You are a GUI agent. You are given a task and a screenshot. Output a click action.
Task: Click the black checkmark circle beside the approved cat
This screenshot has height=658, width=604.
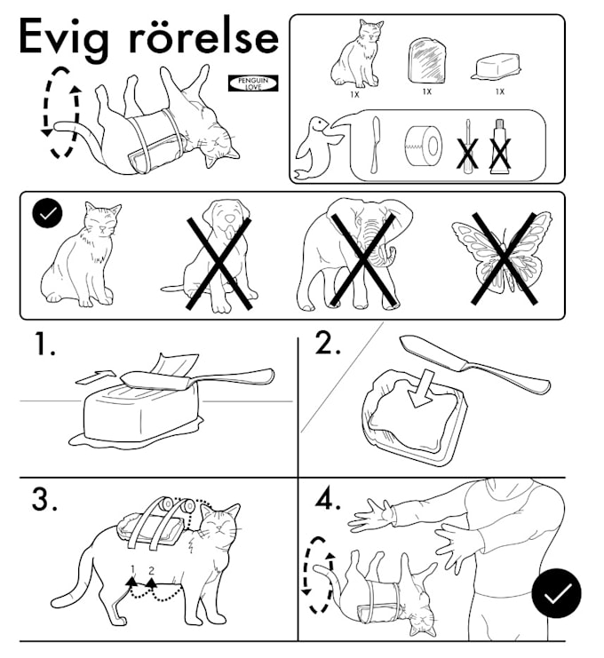click(45, 214)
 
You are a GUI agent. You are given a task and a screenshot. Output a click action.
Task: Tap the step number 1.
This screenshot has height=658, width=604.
click(44, 345)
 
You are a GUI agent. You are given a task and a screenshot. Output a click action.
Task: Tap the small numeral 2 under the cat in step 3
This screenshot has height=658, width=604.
click(151, 568)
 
